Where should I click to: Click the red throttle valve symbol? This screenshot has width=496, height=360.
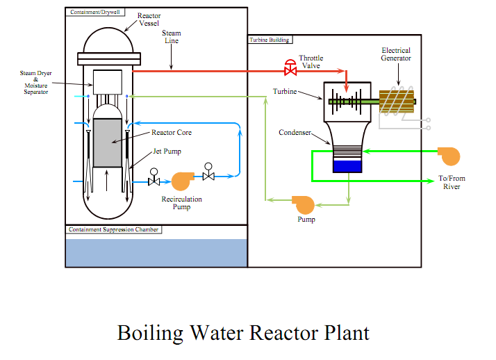coord(289,69)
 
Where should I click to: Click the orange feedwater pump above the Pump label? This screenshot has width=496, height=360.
coord(304,204)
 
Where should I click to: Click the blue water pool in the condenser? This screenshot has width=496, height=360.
coord(347,166)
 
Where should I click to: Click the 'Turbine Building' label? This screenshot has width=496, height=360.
coord(270,40)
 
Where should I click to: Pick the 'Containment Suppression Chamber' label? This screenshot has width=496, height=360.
coord(114,229)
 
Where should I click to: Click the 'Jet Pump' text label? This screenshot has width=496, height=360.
coord(167,152)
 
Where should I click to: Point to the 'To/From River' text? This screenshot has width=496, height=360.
coord(452,182)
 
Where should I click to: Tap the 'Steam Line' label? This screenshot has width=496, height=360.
coord(171,37)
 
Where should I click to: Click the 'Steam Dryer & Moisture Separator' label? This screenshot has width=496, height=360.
coord(35,82)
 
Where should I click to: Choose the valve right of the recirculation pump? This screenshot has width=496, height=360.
coord(208,175)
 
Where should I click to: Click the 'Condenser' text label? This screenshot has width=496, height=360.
coord(295,132)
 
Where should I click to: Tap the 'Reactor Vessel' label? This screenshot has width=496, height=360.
coord(149,19)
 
